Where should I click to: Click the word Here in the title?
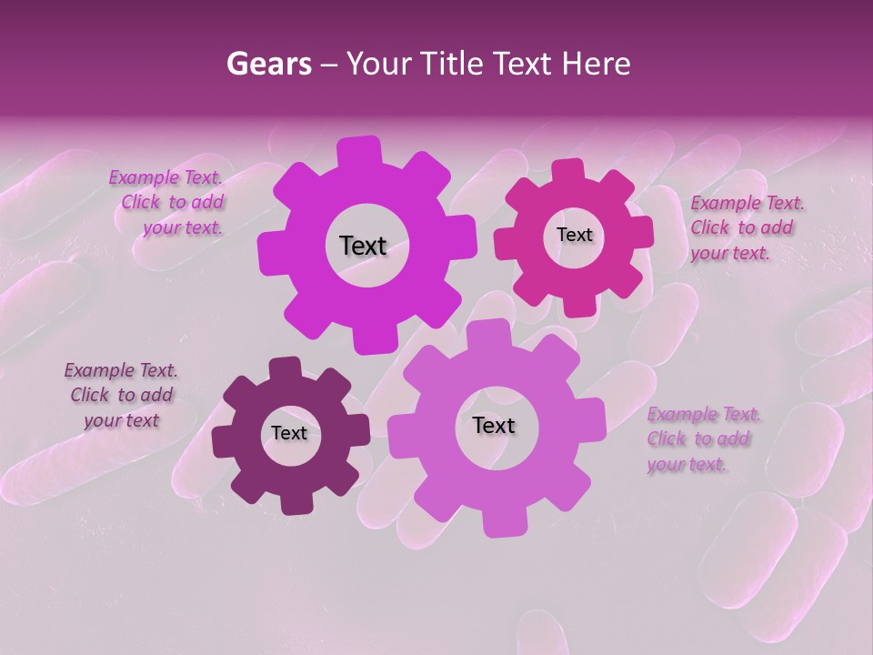[598, 64]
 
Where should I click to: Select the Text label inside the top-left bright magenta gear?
[363, 246]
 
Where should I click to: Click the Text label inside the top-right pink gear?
[574, 235]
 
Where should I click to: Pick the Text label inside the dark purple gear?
[289, 433]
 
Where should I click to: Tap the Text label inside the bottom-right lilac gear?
[494, 425]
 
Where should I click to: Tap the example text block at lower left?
[121, 395]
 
